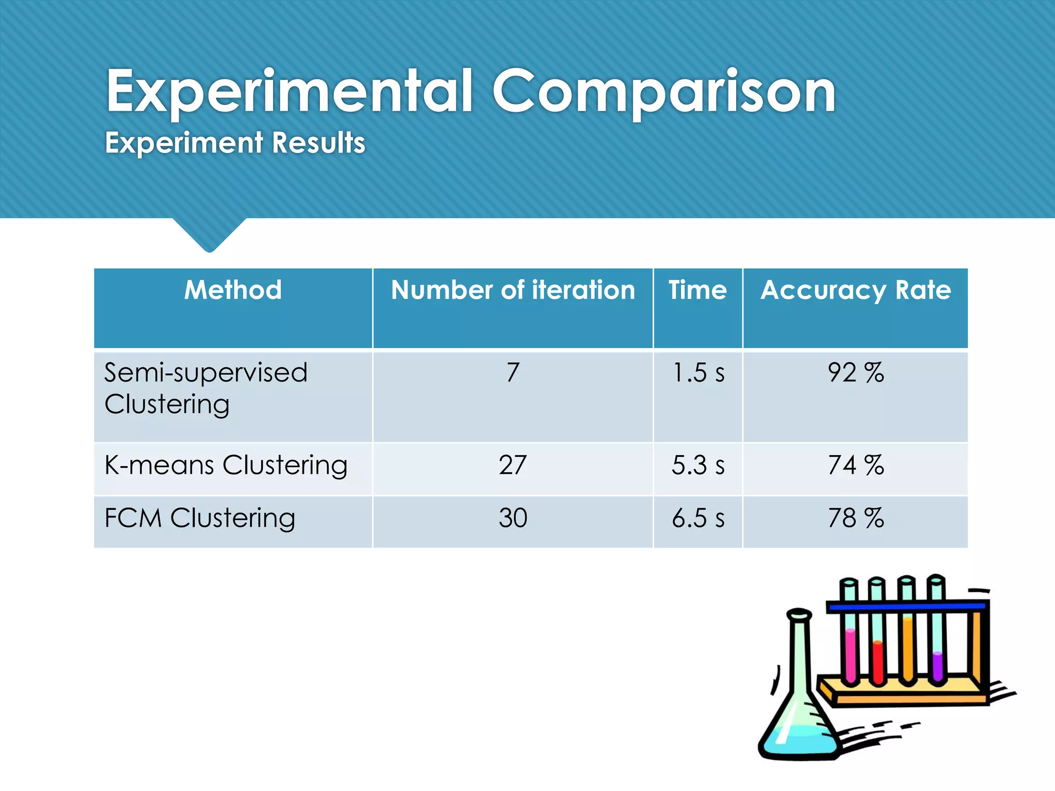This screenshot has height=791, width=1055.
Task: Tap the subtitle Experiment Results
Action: (235, 143)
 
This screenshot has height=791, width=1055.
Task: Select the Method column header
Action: (233, 290)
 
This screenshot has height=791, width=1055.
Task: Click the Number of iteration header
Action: (513, 290)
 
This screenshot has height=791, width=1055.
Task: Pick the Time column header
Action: (697, 290)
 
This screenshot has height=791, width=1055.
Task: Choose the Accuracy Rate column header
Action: (856, 290)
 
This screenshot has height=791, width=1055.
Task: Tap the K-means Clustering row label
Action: (226, 465)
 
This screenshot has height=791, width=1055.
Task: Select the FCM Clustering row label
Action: (200, 518)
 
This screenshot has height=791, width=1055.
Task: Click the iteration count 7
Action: (513, 372)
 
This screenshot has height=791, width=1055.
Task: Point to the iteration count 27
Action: (513, 465)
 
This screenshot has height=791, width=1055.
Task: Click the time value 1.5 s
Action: (698, 372)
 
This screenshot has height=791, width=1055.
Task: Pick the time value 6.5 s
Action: (698, 518)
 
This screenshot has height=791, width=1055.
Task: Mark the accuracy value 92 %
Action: (856, 372)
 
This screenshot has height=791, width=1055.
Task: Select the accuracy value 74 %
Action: (856, 465)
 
